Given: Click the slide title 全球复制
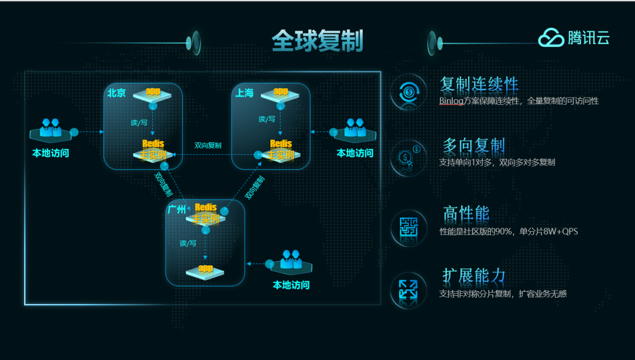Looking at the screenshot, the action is point(317,41).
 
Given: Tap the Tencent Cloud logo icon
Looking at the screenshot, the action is point(551,38).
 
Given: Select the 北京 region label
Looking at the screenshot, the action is point(116,93).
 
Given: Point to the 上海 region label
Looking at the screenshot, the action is point(245,93).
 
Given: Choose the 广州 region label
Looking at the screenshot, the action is point(177,209).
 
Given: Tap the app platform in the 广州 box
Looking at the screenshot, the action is point(205,271).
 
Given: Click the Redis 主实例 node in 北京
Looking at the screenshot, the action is point(153,151).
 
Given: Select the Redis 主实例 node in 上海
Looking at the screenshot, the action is point(280,151).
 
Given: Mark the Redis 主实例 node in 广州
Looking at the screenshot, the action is point(206,214).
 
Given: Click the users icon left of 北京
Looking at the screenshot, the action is point(50,130).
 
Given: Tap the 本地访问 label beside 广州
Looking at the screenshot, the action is point(291,285).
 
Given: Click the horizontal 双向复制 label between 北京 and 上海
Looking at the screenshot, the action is point(208,145).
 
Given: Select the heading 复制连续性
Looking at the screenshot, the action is point(479,85).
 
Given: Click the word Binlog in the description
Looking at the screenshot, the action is point(451,101).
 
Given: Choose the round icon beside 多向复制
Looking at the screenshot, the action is point(408,158).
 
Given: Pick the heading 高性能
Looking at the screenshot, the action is point(466,214).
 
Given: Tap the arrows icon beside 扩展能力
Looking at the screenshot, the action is point(408,289).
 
